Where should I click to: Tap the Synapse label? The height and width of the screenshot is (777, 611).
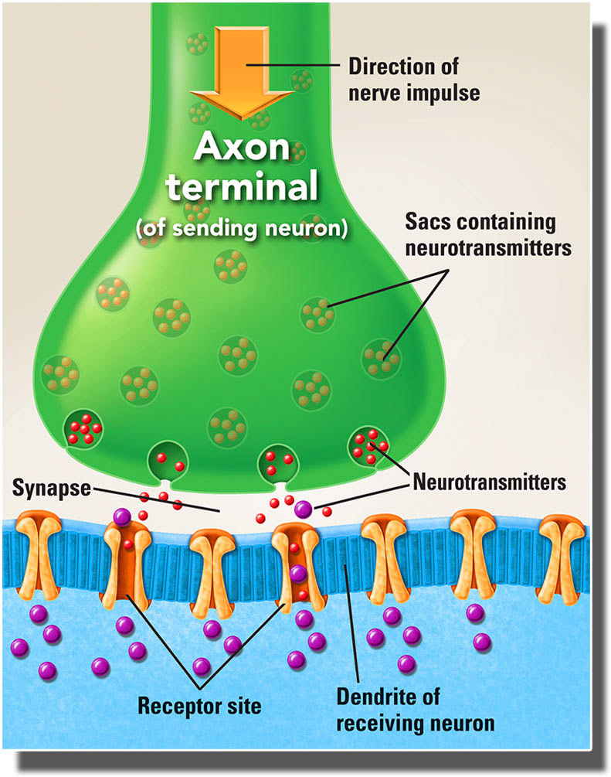click(49, 489)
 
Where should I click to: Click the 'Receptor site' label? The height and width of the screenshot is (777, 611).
click(199, 705)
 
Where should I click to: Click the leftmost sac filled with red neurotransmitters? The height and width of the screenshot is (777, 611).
click(83, 427)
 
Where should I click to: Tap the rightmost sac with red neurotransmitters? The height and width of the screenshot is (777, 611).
click(369, 445)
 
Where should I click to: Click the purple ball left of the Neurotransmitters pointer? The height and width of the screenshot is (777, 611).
click(303, 508)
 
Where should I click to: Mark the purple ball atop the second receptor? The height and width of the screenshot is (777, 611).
click(122, 516)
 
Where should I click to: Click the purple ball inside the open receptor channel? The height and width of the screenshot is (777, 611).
click(297, 573)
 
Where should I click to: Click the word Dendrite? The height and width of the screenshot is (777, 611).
click(369, 697)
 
